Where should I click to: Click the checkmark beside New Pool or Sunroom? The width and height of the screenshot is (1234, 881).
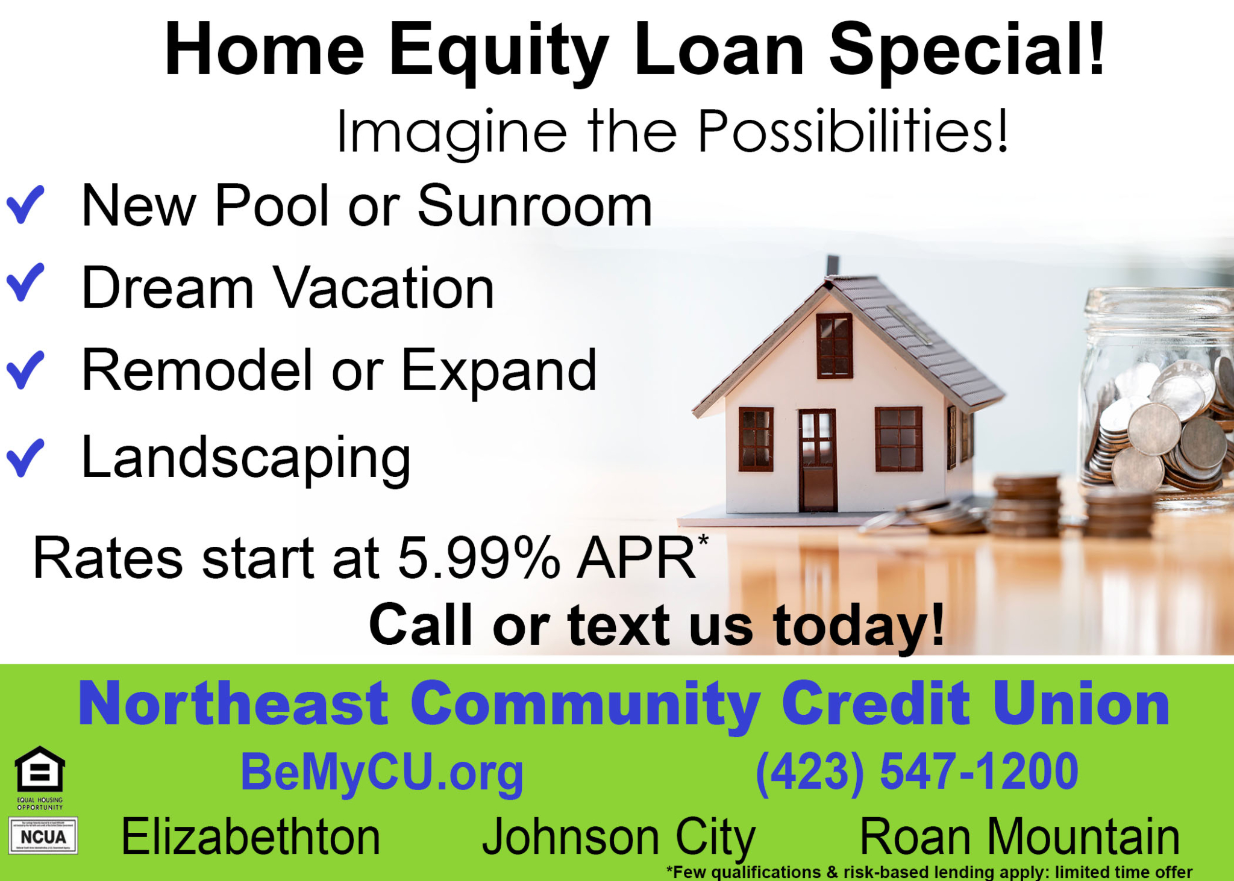coord(25,205)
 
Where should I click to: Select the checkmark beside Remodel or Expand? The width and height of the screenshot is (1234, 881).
coord(25,370)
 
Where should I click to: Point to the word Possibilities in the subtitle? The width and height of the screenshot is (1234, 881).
coord(853,131)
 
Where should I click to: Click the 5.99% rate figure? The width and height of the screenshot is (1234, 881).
coord(479,558)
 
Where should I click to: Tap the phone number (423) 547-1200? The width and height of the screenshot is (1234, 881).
coord(916,771)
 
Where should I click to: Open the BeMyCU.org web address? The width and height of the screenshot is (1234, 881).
coord(382,773)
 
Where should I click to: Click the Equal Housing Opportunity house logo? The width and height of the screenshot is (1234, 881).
coord(40,770)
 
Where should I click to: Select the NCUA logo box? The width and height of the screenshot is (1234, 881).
coord(43,836)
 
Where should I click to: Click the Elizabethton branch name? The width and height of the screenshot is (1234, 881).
coord(251,837)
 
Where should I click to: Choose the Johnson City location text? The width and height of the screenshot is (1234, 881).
coord(618,838)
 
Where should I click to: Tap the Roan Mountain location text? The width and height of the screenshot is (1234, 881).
coord(1019,837)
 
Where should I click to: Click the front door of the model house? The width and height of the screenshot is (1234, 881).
coord(818,461)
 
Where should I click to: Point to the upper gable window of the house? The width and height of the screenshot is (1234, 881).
coord(835,346)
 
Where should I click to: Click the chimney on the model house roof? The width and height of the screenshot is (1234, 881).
coord(833,265)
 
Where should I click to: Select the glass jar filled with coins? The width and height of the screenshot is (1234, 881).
coord(1157,391)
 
